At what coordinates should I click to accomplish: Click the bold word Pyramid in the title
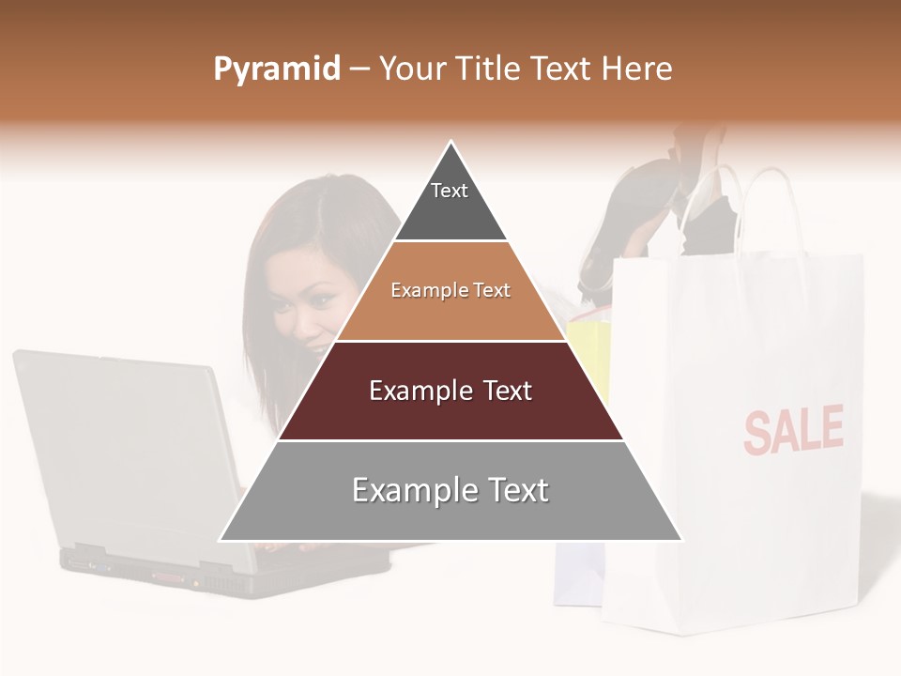277,69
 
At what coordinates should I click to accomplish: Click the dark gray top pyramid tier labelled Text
450,202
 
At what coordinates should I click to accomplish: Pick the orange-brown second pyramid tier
450,291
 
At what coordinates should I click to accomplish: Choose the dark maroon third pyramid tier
450,391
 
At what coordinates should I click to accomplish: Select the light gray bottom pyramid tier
450,490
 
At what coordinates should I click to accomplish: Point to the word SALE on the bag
793,430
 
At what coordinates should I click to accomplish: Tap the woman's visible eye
320,299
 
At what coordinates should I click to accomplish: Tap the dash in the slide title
359,69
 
